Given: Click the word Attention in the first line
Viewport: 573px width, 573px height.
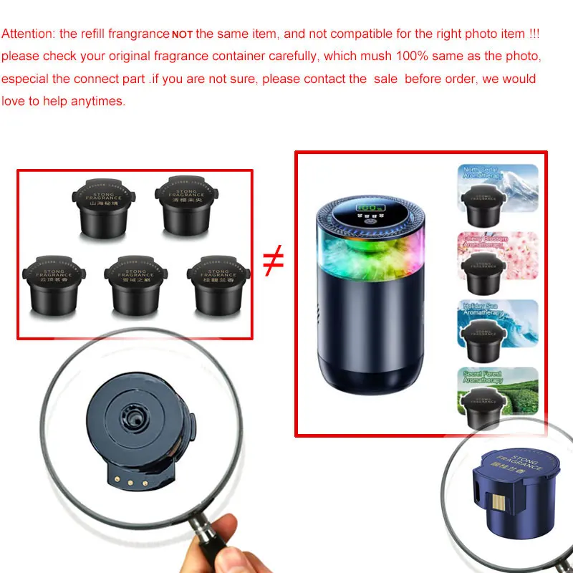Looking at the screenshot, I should point(27,34).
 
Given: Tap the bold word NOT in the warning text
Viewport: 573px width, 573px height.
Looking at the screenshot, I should point(182,35).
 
